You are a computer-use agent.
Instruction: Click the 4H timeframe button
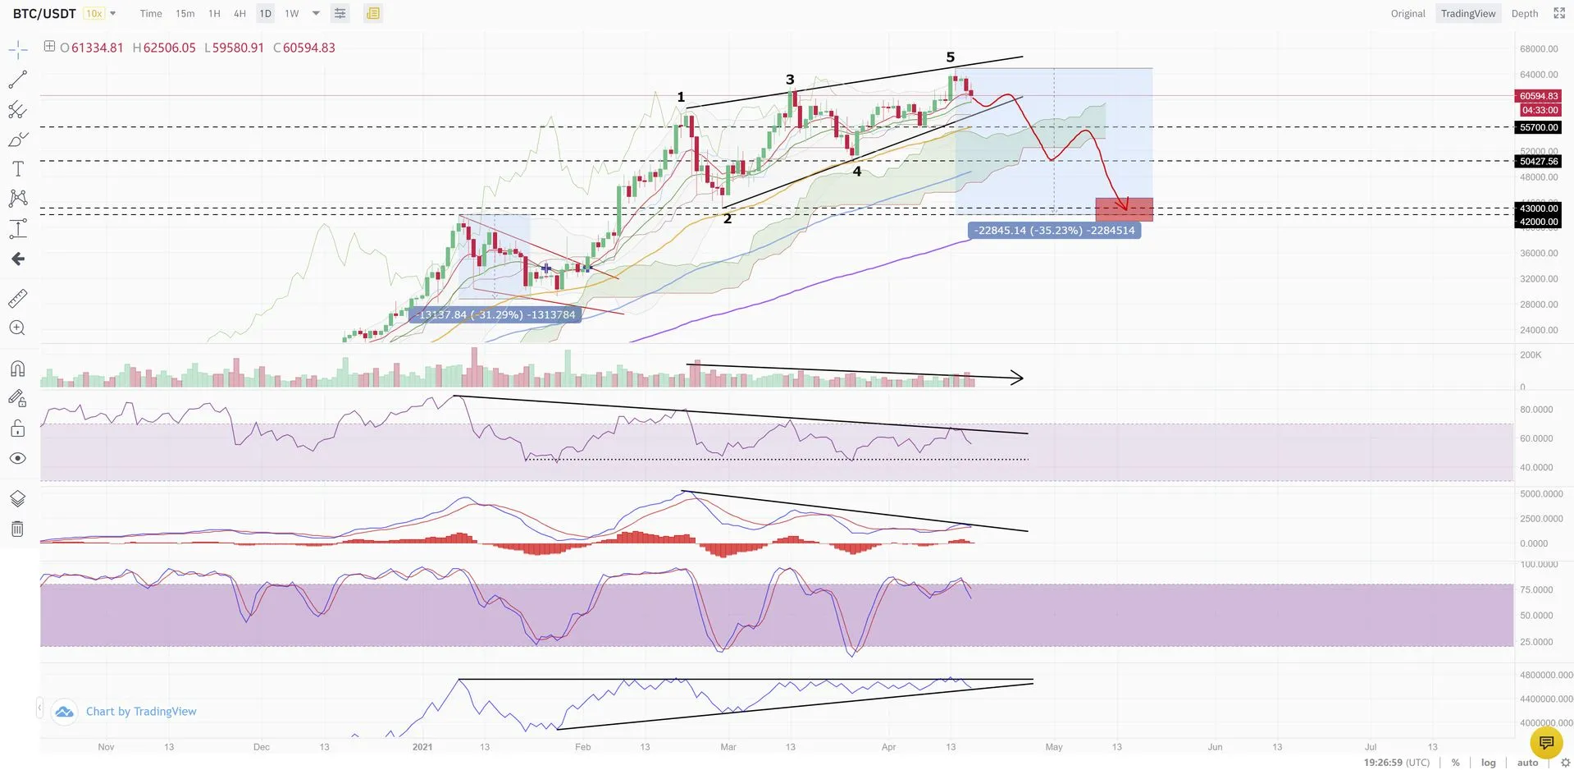(x=240, y=14)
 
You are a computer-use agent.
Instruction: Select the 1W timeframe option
(x=291, y=14)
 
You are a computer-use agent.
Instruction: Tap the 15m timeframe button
(x=185, y=14)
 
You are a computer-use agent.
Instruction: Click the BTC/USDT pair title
(x=44, y=14)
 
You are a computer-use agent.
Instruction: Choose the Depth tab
(x=1524, y=14)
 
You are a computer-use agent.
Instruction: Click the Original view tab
(x=1407, y=14)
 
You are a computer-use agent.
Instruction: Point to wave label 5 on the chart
(x=951, y=57)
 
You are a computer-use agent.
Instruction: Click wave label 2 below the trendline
(x=727, y=218)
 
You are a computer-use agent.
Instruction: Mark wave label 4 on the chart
(x=857, y=172)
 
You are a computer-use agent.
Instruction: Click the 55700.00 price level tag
(x=1538, y=127)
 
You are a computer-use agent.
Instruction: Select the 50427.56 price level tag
(x=1538, y=161)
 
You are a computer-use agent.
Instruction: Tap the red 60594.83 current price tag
(x=1538, y=96)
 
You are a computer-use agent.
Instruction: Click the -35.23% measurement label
(x=1054, y=231)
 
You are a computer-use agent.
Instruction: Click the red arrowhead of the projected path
(x=1124, y=205)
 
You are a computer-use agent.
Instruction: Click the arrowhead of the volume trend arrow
(x=1019, y=378)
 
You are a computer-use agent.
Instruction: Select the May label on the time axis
(x=1054, y=747)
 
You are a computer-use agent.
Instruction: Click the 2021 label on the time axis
(x=422, y=747)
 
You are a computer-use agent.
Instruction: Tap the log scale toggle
(x=1489, y=763)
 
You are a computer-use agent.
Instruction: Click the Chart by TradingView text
(x=141, y=712)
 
